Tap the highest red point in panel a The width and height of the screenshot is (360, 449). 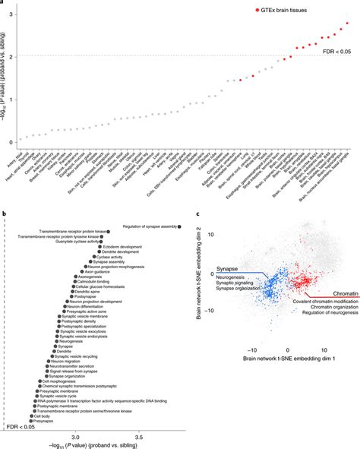click(x=347, y=24)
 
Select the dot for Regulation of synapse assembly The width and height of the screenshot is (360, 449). click(x=179, y=226)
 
